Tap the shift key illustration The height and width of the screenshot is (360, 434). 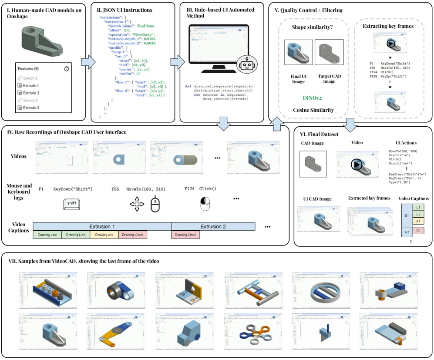(72, 204)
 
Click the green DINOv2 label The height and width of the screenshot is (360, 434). (313, 98)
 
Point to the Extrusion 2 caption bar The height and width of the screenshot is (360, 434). (213, 227)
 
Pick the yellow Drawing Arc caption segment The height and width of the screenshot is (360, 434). (104, 235)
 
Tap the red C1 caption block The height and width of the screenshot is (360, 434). (418, 231)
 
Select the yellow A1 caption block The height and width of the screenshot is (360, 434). (418, 221)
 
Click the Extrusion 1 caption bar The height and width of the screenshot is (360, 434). (102, 227)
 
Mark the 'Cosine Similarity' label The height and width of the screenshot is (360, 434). (313, 110)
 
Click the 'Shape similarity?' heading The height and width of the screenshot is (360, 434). (313, 27)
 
